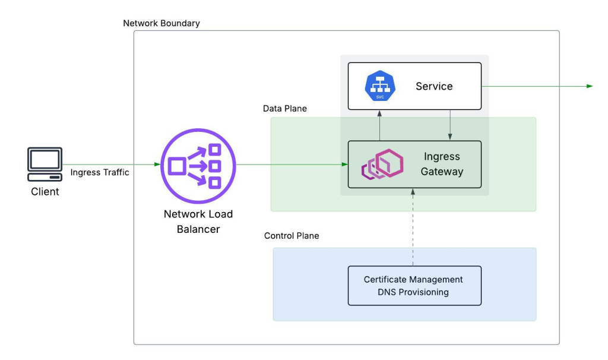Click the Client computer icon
coord(45,164)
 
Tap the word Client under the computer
coord(45,192)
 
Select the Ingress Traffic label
coord(100,172)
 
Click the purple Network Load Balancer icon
coord(198,166)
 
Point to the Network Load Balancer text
coord(198,222)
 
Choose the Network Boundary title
coord(161,23)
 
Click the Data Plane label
coord(284,109)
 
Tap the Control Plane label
coord(292,236)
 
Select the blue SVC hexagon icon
coord(380,86)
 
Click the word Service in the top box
coord(434,86)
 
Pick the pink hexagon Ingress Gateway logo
coord(382,164)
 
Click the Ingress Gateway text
coord(442,164)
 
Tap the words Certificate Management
coord(413,280)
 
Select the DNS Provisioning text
coord(413,292)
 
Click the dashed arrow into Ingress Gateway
coord(413,228)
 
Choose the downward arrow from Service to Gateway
coord(450,125)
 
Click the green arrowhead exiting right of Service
coord(590,86)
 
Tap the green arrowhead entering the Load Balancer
coord(157,165)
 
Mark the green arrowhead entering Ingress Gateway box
coord(345,165)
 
